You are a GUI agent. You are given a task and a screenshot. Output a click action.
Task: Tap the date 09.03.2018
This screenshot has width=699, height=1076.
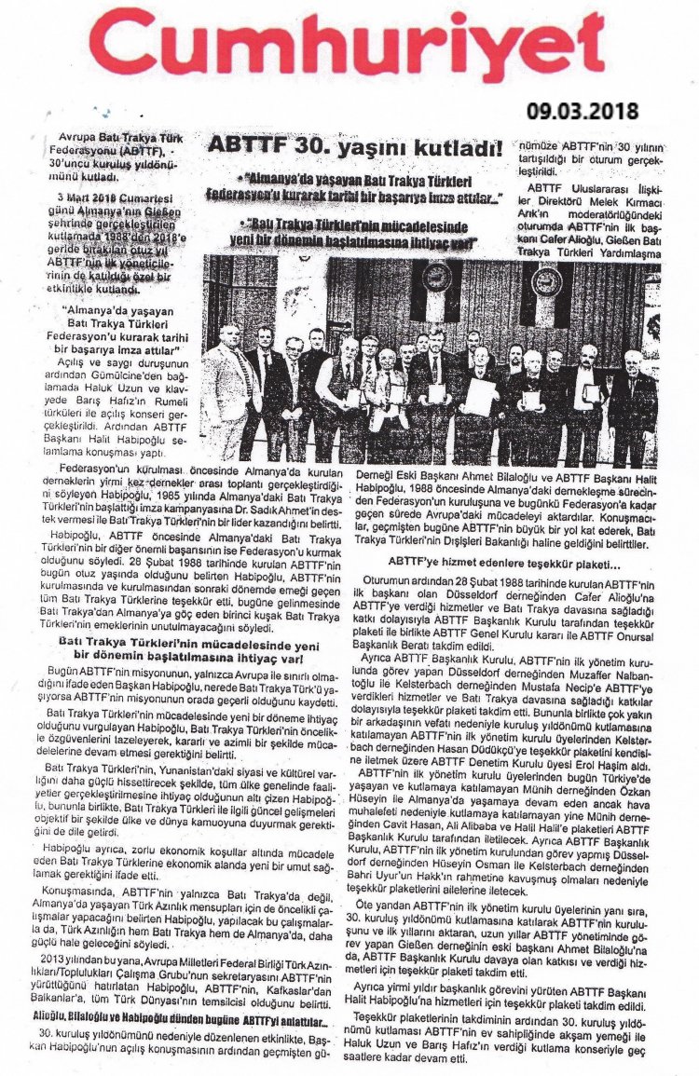582,110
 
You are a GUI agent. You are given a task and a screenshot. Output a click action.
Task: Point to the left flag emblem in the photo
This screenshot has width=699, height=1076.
434,280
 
